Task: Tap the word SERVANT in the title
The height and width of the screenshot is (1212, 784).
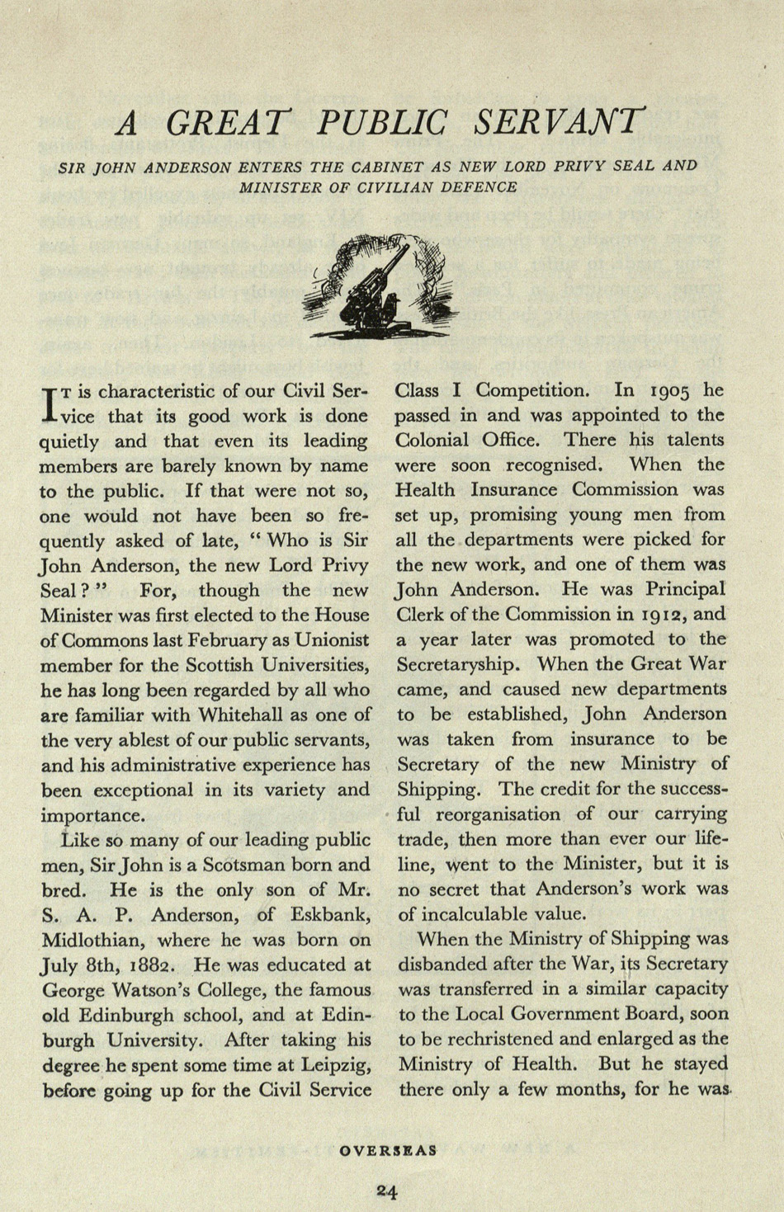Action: tap(558, 123)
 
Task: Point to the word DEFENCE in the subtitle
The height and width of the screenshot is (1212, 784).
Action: tap(480, 187)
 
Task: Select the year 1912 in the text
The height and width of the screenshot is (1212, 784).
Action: tap(658, 615)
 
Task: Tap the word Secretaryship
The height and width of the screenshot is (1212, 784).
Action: tap(461, 665)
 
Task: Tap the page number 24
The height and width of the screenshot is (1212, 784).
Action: tap(388, 1191)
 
